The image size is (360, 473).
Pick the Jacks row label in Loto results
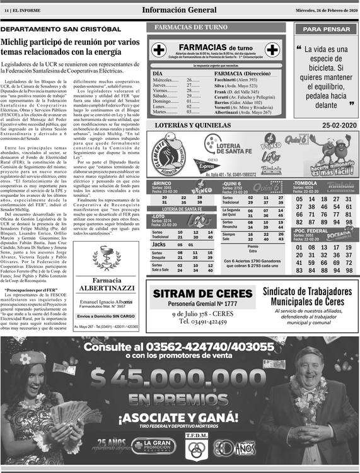click(x=160, y=244)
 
